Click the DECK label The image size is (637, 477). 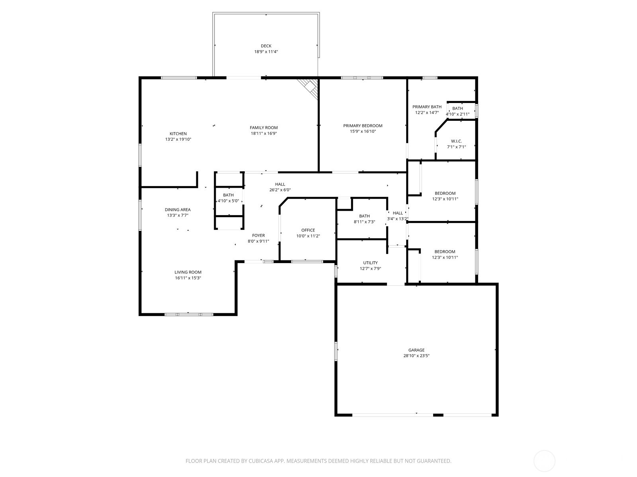coord(266,46)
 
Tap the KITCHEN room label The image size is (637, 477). coord(178,134)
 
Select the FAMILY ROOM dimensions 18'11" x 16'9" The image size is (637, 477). coord(264,134)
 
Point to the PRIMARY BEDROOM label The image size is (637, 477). coord(363,126)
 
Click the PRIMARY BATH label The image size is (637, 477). coord(427,107)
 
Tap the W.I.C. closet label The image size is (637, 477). coord(456,141)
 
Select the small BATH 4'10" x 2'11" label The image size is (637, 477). coord(457,109)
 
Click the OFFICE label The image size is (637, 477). coord(308,230)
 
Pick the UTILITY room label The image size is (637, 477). coord(370,263)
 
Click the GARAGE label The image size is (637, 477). coord(416,350)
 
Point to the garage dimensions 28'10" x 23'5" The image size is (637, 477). coord(416,356)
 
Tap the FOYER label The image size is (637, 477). coord(258,236)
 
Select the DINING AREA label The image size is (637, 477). coord(178,210)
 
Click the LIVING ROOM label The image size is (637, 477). coord(188,272)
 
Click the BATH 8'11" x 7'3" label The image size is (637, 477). coord(364,216)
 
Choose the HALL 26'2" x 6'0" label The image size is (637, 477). coord(280,184)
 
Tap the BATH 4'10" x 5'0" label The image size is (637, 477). coord(228,195)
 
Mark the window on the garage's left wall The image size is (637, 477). coord(336,351)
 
